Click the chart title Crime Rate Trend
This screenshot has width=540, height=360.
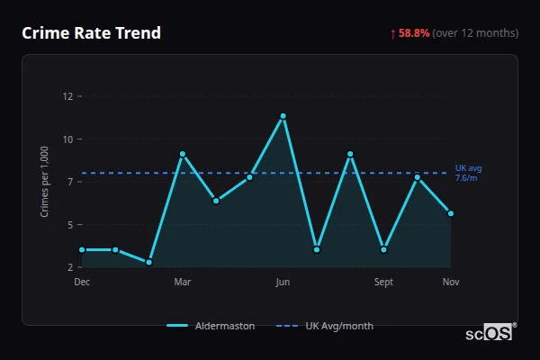point(92,33)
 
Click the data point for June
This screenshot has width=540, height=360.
point(283,116)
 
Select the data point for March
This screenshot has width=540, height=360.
point(183,154)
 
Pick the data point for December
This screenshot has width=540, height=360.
point(82,249)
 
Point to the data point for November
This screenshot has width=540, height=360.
point(451,213)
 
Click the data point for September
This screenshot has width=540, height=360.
point(383,249)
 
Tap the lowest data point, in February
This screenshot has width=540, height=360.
point(148,262)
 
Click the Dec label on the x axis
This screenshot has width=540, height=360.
point(82,282)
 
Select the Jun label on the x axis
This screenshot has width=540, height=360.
point(283,282)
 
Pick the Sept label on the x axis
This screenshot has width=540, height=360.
point(383,282)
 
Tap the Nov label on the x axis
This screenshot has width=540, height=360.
point(451,282)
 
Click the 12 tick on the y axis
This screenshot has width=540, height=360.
point(67,96)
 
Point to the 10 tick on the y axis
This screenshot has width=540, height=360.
point(67,139)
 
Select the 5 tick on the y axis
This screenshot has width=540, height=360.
point(68,225)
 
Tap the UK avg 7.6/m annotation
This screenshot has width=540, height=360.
point(468,173)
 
